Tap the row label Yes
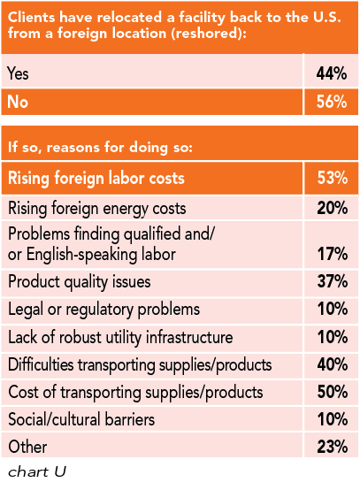18,74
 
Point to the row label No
17,102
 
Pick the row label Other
27,447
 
